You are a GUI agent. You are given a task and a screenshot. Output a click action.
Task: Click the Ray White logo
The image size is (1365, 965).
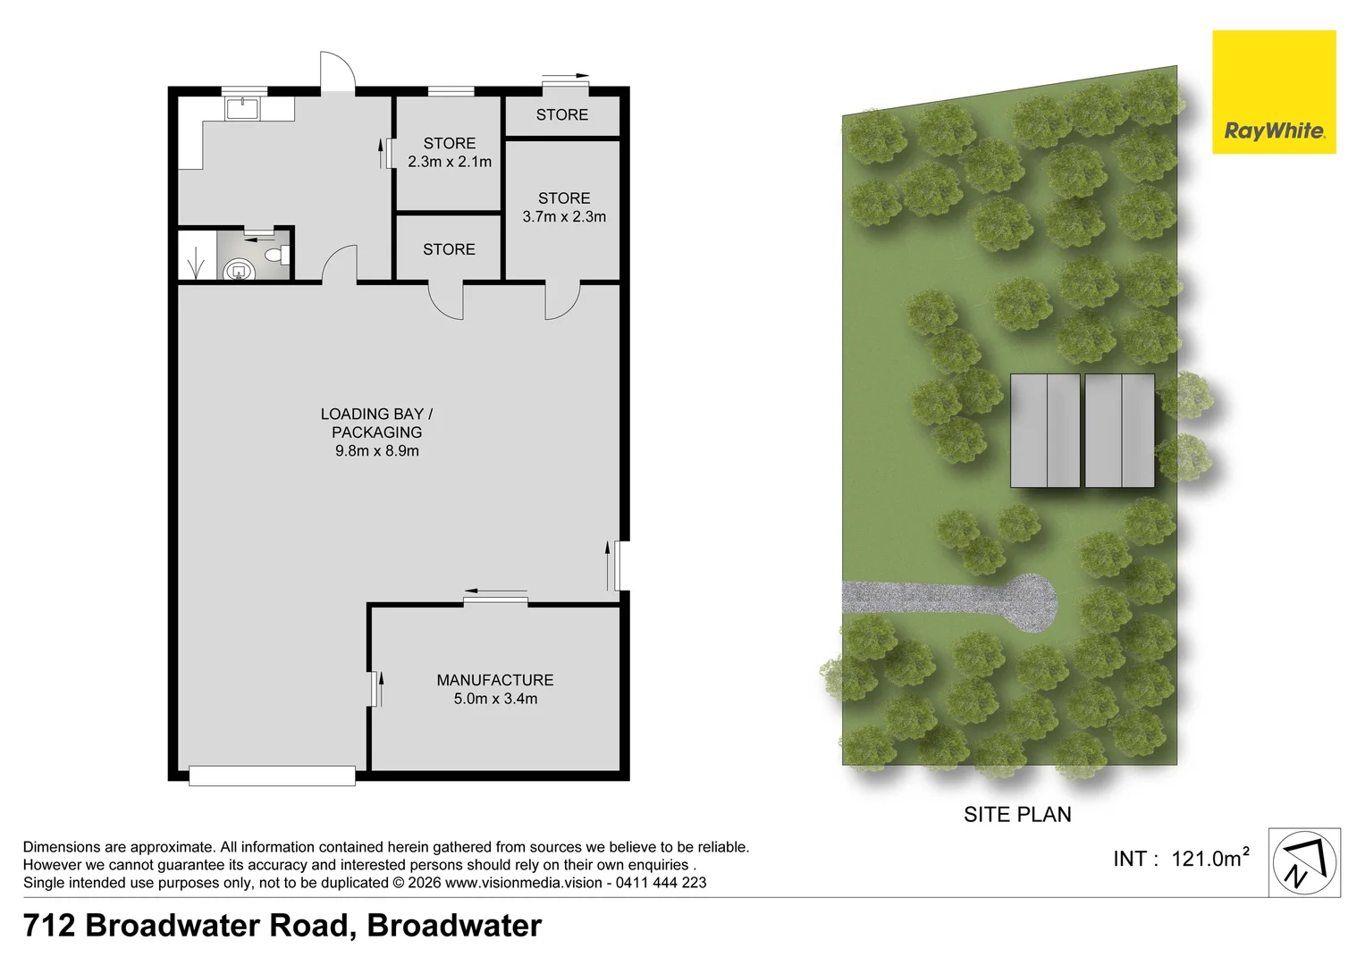coord(1274,92)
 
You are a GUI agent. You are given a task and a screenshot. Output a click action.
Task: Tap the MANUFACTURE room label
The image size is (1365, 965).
coord(495,680)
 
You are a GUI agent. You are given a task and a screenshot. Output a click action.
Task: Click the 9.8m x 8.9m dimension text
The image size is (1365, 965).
coord(376,451)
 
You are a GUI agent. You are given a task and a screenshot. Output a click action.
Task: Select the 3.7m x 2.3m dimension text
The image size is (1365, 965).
coord(564,216)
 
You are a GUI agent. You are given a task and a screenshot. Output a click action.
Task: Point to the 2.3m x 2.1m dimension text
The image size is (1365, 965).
coord(449,162)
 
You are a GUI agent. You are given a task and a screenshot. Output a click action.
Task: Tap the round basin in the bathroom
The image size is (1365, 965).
coord(239,270)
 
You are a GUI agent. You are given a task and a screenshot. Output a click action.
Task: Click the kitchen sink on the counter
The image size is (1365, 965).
coord(242,109)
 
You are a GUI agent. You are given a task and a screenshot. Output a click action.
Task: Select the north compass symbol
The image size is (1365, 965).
coord(1304,862)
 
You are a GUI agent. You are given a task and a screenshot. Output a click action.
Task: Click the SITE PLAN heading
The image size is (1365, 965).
coord(1017,815)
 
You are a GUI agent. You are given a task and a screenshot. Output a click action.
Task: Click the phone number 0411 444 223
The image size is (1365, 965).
coord(661,882)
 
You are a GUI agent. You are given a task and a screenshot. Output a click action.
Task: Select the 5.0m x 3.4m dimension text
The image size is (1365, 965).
coord(495,698)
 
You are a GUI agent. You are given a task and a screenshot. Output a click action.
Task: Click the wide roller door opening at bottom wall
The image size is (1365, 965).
coord(272,776)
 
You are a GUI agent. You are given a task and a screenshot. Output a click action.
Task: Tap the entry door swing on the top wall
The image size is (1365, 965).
coord(337,71)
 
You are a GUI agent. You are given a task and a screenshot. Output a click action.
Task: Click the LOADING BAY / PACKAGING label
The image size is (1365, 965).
coord(376,423)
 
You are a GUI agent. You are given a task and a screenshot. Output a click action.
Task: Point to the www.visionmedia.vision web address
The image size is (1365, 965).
coord(524,882)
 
